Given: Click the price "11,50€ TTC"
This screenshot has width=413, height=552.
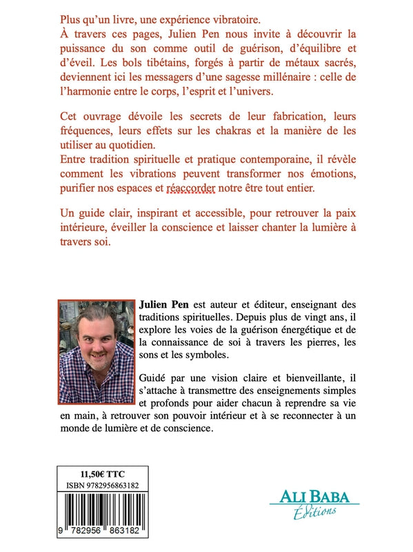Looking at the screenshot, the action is click(x=106, y=475).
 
